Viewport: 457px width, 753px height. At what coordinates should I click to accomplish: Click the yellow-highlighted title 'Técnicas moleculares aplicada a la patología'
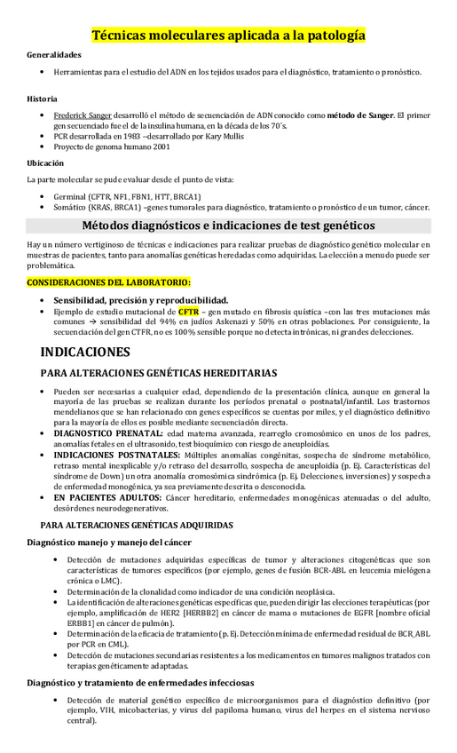228,35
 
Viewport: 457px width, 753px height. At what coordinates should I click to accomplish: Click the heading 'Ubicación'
45,162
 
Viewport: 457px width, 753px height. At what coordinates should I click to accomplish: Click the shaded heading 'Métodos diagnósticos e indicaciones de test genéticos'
228,225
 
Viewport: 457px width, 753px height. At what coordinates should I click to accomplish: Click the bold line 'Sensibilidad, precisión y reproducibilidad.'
140,299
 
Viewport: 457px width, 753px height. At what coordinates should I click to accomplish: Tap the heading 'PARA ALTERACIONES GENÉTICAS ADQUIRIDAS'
130,525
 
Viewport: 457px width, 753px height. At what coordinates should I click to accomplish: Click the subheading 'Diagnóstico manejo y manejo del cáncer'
109,542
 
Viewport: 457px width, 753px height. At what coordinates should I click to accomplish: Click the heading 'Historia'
43,98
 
